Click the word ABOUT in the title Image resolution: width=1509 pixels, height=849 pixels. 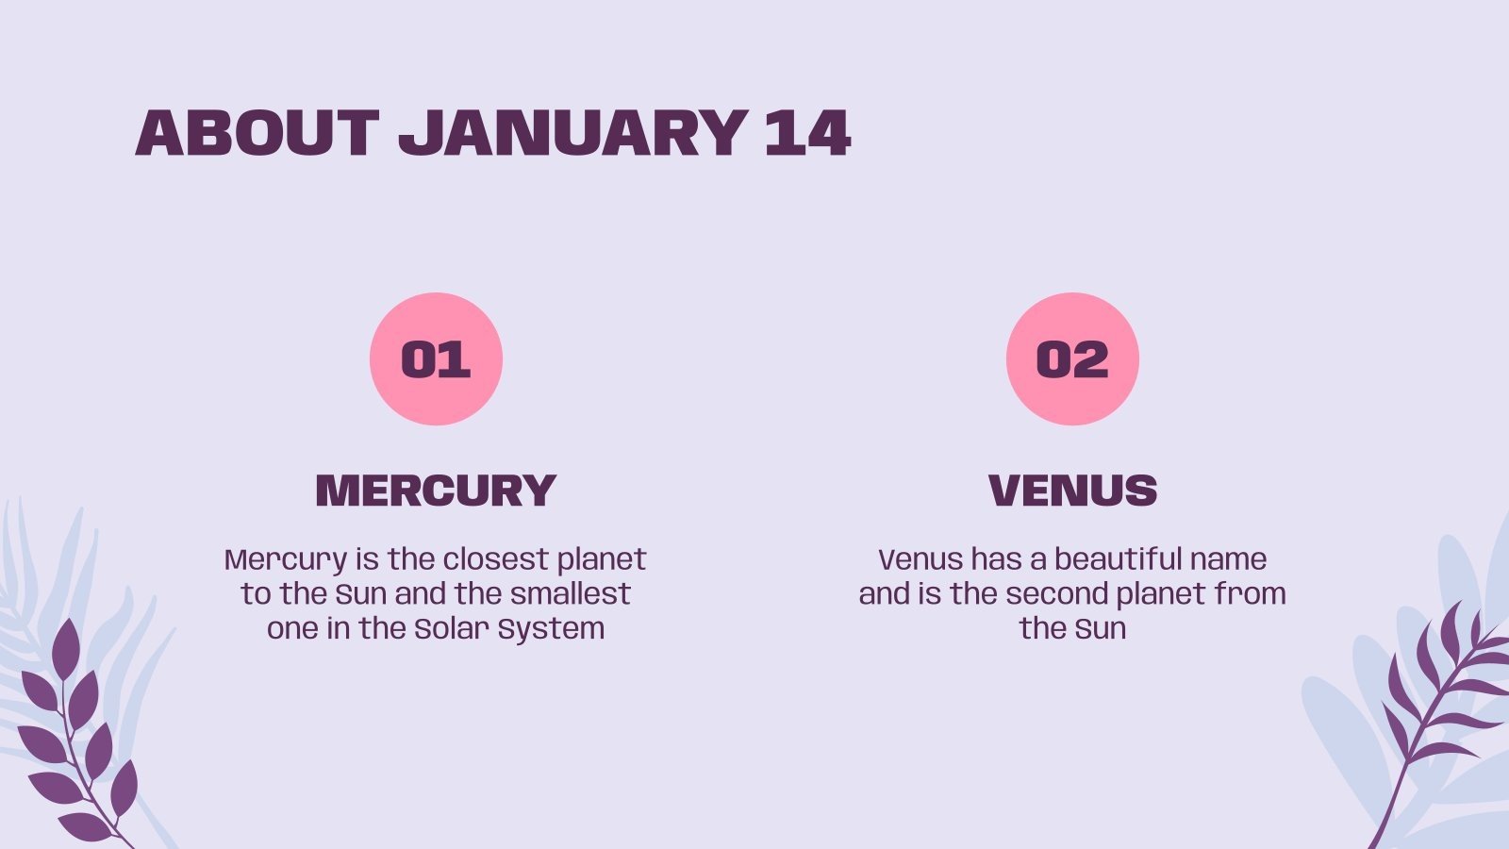(257, 133)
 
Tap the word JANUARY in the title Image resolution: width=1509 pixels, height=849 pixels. (573, 133)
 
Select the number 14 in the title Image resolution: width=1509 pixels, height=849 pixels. (808, 133)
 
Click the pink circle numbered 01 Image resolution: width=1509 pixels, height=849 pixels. (436, 358)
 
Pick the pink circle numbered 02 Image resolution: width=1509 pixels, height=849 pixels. (1072, 358)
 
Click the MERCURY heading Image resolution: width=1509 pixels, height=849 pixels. (436, 490)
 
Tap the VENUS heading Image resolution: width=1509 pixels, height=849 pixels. (1072, 490)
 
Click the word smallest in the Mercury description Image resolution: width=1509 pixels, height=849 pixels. (570, 594)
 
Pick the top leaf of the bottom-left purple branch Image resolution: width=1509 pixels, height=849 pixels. (65, 649)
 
